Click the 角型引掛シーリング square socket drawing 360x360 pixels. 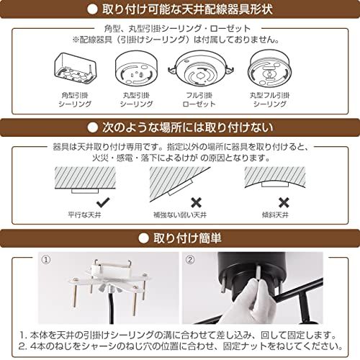coord(75,68)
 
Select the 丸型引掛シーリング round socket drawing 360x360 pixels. coord(137,68)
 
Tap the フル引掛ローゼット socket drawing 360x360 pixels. coord(201,69)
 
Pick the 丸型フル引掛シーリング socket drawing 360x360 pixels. coord(270,68)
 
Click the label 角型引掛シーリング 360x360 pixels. coord(75,99)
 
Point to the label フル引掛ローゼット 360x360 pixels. coord(199,99)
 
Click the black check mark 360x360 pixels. coord(103,202)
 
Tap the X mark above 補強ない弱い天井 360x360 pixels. coord(196,202)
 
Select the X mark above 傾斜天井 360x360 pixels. coord(284,202)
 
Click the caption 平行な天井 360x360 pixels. coord(84,215)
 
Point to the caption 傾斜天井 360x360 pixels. coord(275,215)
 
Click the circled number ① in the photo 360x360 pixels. coord(46,260)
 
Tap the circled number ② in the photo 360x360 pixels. coord(190,260)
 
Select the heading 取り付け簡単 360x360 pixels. coord(187,238)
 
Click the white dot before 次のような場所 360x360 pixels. coord(93,127)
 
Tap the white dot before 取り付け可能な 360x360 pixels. coord(93,9)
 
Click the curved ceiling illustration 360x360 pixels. coord(275,177)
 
